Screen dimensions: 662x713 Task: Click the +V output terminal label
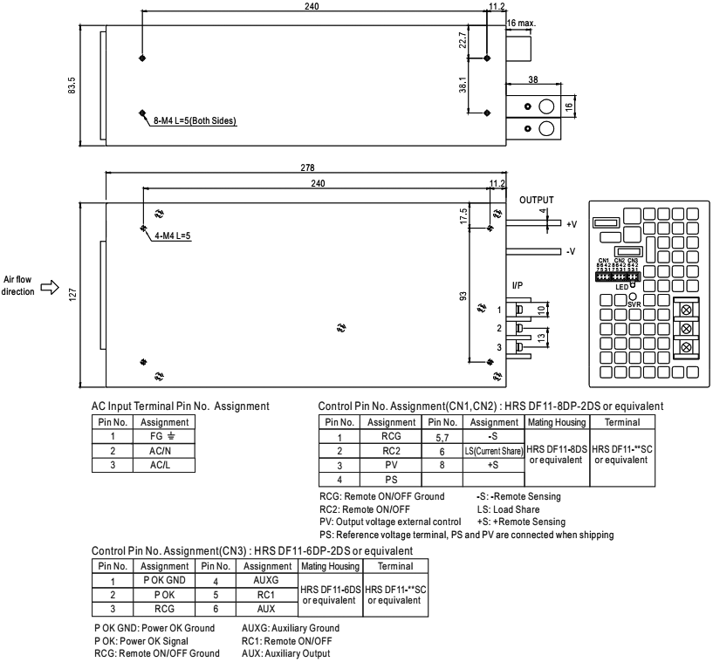572,224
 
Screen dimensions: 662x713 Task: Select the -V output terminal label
572,252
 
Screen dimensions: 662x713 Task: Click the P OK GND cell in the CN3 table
163,579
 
